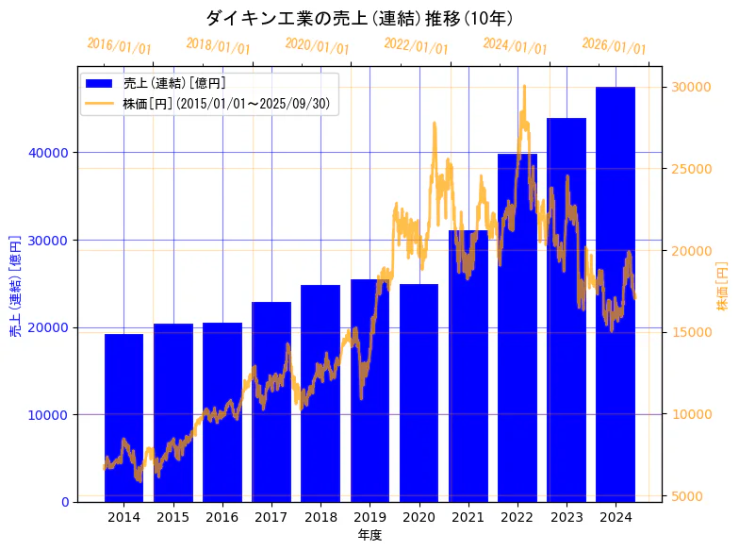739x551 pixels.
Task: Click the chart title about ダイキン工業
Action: pos(359,18)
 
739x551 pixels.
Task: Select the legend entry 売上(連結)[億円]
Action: pos(174,83)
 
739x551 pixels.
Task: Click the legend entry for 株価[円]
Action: pos(226,103)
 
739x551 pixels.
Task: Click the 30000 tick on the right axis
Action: pos(690,87)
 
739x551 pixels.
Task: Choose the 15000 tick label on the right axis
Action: pos(690,332)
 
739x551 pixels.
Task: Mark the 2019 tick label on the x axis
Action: pos(369,517)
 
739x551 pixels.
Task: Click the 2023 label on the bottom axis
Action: pos(567,517)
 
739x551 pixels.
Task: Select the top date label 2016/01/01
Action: pos(119,46)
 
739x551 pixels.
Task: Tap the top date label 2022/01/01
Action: pos(416,46)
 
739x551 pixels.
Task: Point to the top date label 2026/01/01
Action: pos(614,46)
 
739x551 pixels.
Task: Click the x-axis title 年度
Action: pos(369,535)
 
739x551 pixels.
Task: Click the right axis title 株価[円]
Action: pos(722,286)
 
